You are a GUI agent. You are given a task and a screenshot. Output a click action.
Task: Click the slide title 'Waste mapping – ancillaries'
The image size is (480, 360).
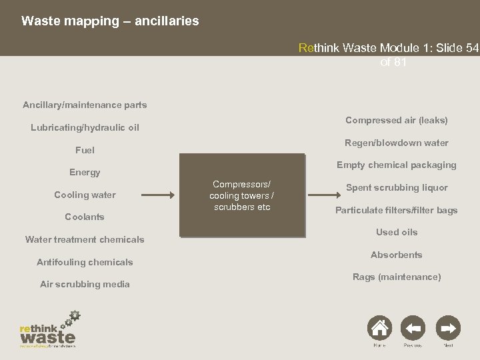[x=110, y=21]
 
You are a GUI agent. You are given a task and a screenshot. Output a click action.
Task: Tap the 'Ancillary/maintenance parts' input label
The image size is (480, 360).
[x=85, y=105]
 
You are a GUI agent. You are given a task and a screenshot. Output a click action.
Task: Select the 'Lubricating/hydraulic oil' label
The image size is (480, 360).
[x=85, y=127]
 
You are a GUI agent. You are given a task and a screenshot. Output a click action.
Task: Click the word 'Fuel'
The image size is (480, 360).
[x=85, y=150]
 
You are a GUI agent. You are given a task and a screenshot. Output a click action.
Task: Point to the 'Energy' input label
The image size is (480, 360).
[x=85, y=172]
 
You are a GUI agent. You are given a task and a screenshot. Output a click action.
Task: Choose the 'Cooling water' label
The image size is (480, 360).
[x=85, y=195]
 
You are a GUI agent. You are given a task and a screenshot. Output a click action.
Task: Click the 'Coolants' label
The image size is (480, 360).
[x=85, y=217]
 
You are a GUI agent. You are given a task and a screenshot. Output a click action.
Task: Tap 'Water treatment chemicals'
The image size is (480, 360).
[x=85, y=239]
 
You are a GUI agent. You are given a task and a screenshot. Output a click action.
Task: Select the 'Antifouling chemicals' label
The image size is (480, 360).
[x=85, y=262]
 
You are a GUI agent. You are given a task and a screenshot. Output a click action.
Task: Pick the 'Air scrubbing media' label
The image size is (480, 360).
[x=85, y=284]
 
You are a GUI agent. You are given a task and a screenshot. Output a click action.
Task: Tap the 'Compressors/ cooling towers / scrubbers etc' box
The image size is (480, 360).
[x=243, y=195]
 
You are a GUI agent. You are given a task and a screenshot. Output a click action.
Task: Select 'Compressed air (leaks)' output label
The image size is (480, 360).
[x=396, y=120]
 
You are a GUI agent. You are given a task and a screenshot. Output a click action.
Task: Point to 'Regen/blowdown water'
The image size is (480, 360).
[x=396, y=143]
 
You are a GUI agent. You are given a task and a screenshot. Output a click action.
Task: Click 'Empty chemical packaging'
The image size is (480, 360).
[x=396, y=165]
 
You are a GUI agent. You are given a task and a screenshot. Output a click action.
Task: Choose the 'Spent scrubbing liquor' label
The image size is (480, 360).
[x=396, y=187]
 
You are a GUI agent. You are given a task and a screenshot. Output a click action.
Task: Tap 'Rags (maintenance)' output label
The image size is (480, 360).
[x=396, y=276]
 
